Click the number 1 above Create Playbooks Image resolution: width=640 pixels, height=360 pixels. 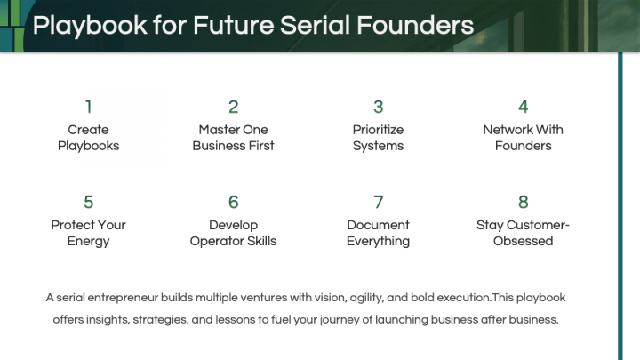(88, 107)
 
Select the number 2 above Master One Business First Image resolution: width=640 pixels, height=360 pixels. (233, 107)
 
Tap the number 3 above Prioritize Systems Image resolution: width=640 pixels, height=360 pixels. (378, 107)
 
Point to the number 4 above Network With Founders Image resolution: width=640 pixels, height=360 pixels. (523, 107)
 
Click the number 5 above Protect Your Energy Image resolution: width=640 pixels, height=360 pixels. (88, 203)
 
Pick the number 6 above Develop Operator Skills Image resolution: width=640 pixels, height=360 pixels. (233, 203)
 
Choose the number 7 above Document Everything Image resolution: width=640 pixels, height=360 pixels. (378, 203)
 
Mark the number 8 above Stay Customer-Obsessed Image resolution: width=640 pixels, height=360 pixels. (523, 203)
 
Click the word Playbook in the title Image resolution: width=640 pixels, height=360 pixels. (89, 26)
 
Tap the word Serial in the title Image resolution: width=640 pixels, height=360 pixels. (317, 25)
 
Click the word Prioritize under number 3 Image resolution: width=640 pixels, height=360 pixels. (379, 130)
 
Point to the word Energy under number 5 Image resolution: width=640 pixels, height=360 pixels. (88, 242)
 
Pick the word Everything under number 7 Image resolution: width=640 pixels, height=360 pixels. (379, 242)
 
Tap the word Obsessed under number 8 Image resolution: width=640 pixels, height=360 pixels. (523, 242)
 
